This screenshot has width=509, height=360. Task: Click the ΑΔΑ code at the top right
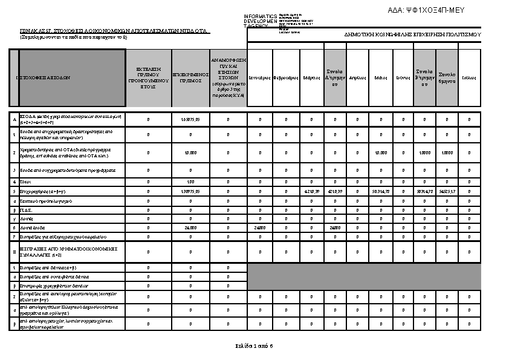pos(433,10)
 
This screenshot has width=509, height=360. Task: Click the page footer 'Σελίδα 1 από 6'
pos(254,346)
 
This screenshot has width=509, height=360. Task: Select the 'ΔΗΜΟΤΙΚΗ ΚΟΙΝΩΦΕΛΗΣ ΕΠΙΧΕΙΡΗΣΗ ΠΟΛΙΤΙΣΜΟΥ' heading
pos(412,35)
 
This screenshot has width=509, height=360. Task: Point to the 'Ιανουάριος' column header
pos(260,78)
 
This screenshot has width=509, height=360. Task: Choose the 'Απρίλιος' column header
pos(357,78)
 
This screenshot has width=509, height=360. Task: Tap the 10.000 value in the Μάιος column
pos(381,152)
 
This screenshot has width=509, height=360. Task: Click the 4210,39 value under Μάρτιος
pos(311,191)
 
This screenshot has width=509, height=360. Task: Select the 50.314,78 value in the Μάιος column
pos(381,191)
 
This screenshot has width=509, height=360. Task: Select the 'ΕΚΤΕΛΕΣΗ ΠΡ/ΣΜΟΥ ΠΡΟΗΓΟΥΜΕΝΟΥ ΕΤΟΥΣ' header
pos(148,78)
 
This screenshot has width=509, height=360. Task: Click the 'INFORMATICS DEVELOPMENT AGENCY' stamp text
pos(260,21)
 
